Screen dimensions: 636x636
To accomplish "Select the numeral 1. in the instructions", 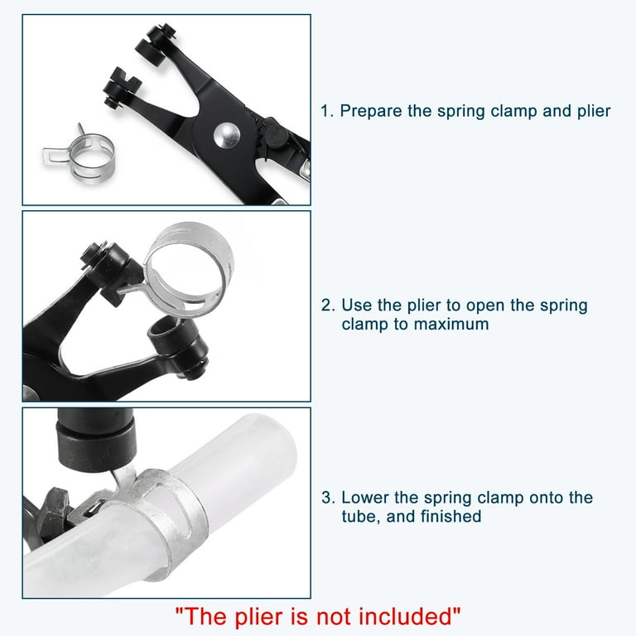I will point(328,111).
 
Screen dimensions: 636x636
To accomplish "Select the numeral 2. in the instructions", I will point(328,305).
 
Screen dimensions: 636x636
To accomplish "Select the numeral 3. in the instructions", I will point(328,498).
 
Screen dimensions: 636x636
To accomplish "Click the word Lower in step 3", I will point(364,498).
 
